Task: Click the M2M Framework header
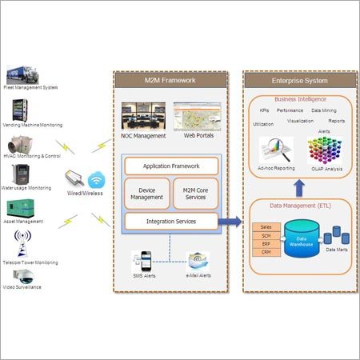click(170, 80)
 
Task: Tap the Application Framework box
click(170, 166)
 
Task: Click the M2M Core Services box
click(195, 193)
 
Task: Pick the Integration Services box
click(170, 220)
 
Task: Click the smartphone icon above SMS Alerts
click(145, 261)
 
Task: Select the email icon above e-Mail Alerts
click(197, 260)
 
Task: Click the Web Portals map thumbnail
click(195, 117)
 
